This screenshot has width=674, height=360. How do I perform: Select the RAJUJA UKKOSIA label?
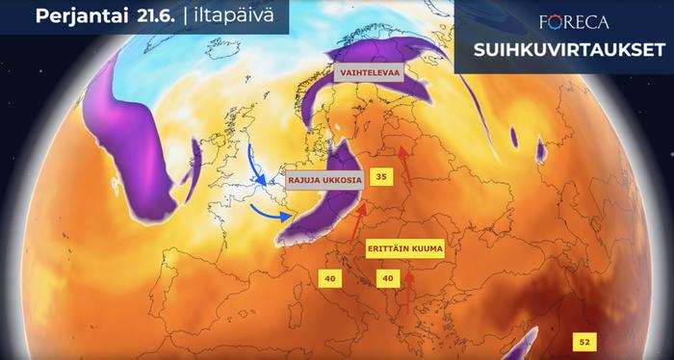(x=324, y=179)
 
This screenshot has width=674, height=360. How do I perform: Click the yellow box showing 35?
(x=382, y=177)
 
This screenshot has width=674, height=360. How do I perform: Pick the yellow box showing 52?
(x=583, y=341)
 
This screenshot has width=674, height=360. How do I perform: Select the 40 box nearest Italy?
(x=330, y=278)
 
